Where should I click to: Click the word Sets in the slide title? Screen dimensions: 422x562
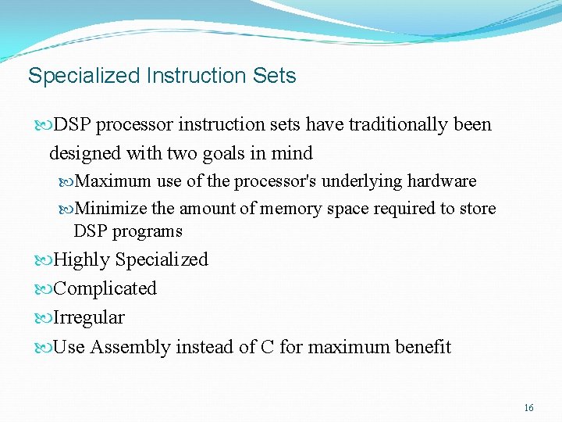tap(275, 76)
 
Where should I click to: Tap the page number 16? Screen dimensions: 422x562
tap(528, 408)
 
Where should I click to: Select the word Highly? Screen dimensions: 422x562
tap(82, 259)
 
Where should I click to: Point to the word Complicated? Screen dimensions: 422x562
tap(105, 288)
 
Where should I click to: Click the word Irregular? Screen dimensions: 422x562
tap(89, 317)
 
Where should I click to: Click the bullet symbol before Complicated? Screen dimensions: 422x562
tap(44, 289)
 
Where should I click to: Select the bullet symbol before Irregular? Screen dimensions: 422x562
tap(44, 318)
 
